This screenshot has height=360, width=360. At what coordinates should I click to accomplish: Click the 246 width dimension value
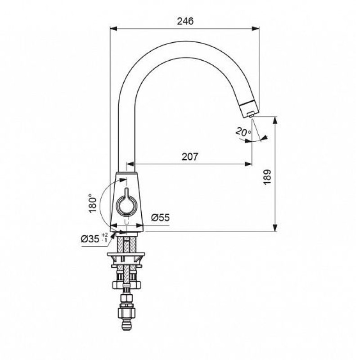point(185,21)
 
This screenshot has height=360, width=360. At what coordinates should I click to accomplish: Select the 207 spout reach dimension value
point(189,157)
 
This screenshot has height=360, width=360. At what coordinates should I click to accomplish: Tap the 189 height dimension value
point(267,177)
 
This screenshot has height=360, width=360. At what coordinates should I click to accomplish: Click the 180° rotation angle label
point(93,203)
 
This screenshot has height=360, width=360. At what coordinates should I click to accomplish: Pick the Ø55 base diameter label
point(161,217)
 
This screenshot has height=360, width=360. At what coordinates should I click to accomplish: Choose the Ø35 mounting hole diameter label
point(90,239)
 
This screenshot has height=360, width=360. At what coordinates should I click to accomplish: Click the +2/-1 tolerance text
point(104,238)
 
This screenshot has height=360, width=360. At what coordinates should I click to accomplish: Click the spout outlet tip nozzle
point(251,114)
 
